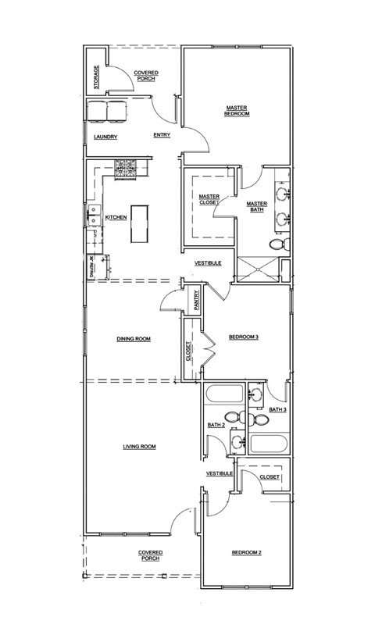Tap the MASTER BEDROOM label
(237, 111)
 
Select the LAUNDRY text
(105, 137)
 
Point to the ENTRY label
(162, 135)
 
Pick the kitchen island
(141, 223)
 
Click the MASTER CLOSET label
(209, 199)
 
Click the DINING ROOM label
(133, 339)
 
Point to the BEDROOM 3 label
(243, 337)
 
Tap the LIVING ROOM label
(139, 447)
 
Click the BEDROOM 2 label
(246, 553)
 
